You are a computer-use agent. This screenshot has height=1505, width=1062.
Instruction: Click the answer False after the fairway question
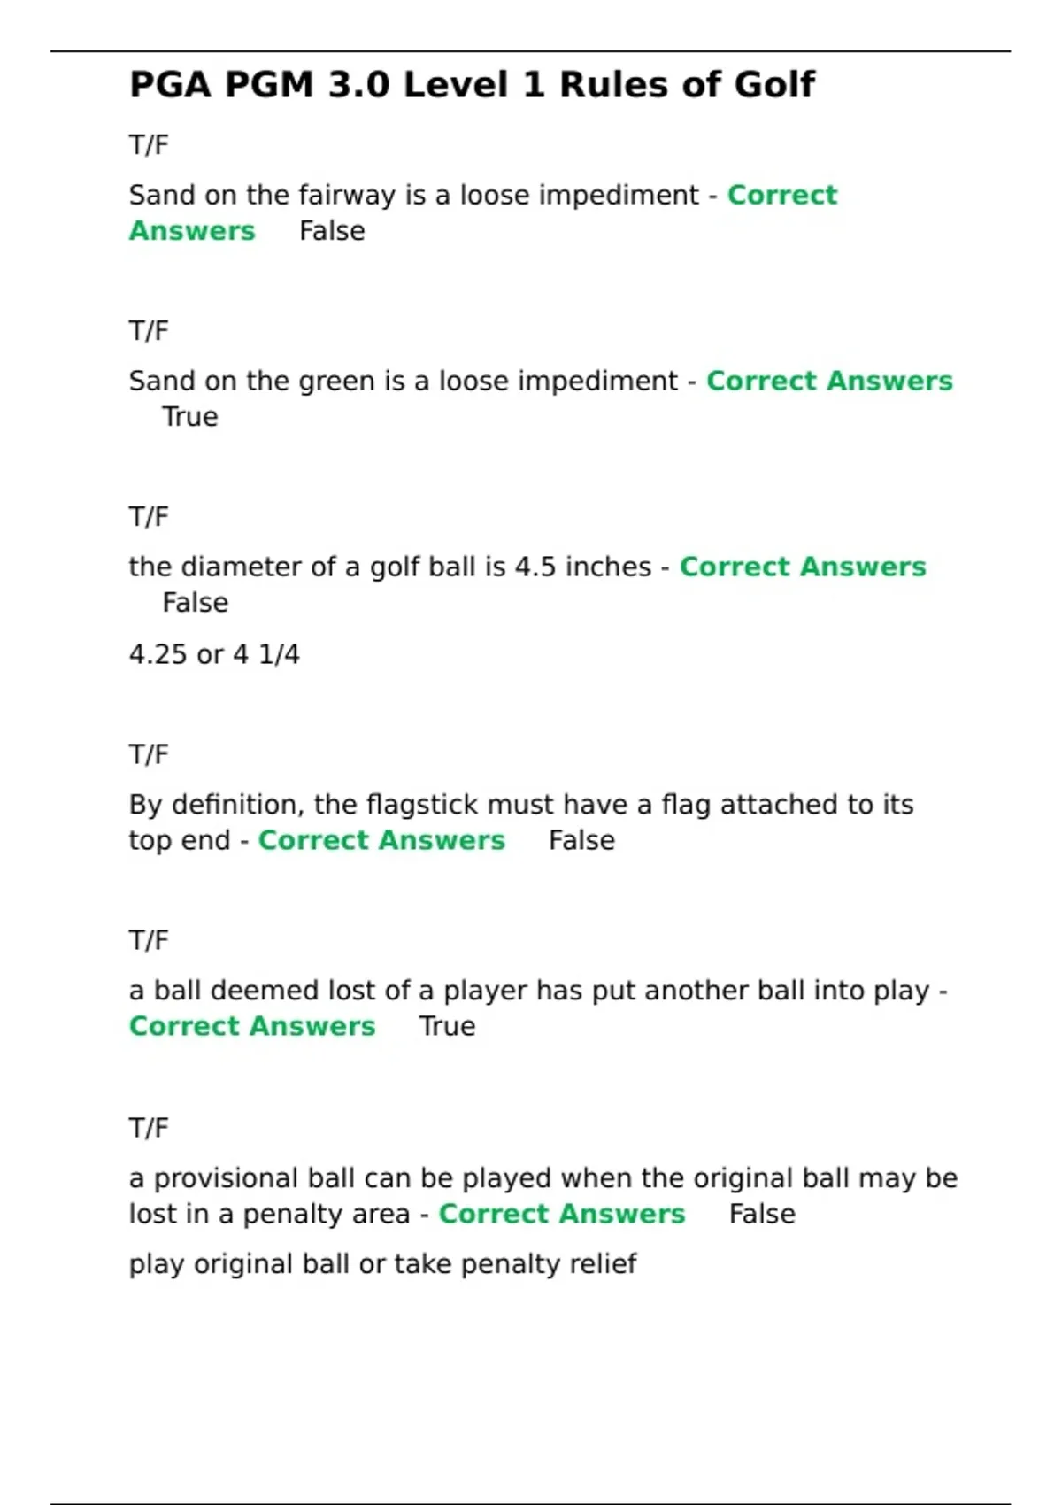(x=332, y=231)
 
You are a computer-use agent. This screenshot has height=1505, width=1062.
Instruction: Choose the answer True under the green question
(x=189, y=417)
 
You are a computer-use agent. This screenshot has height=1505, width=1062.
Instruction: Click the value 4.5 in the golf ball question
(x=535, y=567)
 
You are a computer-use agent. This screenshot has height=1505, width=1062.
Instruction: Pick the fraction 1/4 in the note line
(x=279, y=655)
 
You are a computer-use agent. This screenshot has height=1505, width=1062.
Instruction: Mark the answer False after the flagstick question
(x=581, y=840)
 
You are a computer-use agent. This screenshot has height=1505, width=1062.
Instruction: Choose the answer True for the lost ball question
(x=447, y=1026)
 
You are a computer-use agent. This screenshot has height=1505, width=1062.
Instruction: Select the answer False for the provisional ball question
(x=762, y=1214)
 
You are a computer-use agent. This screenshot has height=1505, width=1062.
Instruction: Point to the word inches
(x=609, y=567)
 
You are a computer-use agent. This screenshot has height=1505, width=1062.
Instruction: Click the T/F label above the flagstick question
(x=149, y=755)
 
